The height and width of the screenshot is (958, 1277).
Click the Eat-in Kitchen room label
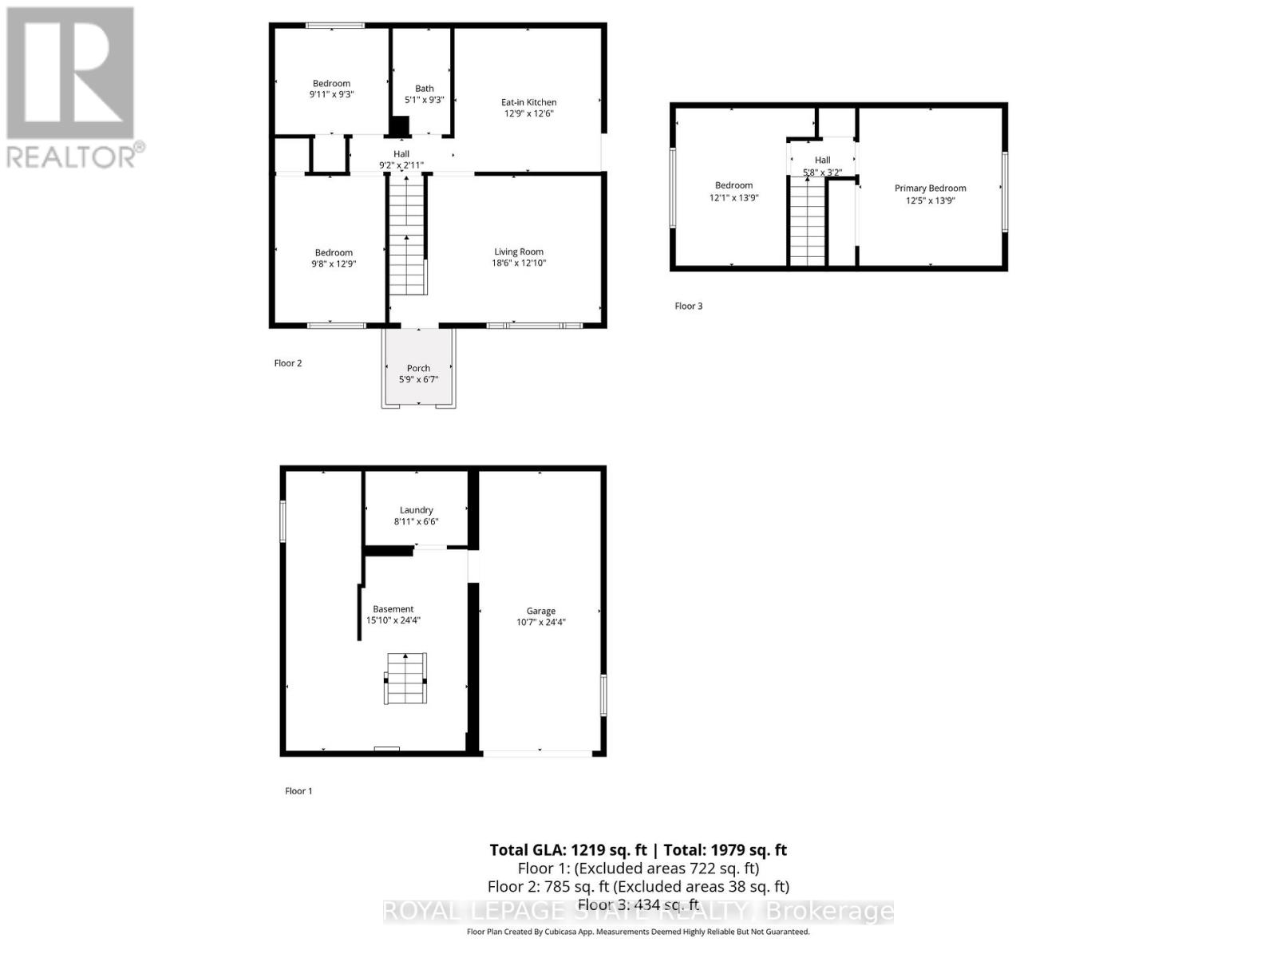click(x=528, y=102)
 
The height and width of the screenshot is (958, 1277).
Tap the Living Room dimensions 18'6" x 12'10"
click(x=519, y=263)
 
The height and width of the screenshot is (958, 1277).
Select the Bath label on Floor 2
click(x=425, y=89)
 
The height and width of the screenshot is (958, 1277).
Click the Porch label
click(x=418, y=368)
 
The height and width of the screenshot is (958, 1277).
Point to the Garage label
click(x=540, y=611)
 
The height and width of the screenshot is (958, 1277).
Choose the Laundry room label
click(x=416, y=510)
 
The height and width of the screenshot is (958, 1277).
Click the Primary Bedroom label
click(x=930, y=188)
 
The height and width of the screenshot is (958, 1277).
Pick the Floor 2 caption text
click(x=288, y=363)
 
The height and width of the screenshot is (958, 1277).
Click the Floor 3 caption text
click(x=689, y=306)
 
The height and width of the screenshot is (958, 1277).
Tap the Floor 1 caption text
click(x=298, y=791)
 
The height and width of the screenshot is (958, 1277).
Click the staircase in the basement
click(x=407, y=679)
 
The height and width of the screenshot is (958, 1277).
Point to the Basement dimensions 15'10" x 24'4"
click(x=393, y=620)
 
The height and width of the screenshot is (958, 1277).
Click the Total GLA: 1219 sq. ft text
click(x=567, y=850)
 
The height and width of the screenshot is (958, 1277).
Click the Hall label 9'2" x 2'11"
click(x=401, y=160)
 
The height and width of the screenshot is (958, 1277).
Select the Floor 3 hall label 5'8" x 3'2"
click(x=822, y=166)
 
